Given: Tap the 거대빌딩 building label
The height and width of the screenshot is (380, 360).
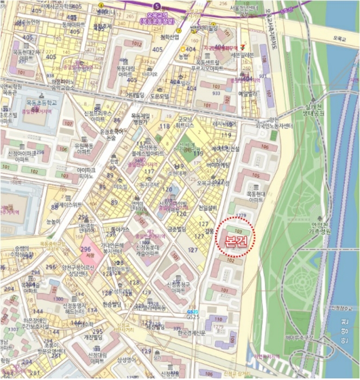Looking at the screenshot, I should coord(135,94).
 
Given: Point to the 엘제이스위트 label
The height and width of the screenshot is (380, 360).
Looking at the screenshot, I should coord(68,205).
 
